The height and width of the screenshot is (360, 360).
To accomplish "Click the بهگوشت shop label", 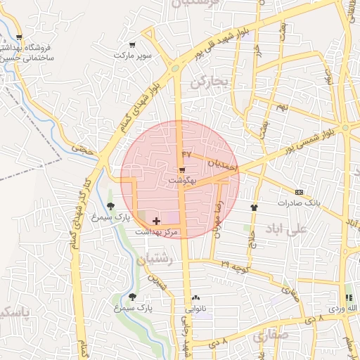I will point(182,181).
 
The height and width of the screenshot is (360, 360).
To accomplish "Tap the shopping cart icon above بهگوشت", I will point(182,170).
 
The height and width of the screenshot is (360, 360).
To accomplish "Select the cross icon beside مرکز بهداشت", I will point(156,221).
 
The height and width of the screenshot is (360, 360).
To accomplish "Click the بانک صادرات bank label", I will point(298,202).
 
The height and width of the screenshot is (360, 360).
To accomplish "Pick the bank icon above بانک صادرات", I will point(299,192).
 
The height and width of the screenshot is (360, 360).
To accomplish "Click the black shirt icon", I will point(254,207).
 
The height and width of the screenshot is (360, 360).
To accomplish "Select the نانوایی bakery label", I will point(196,308).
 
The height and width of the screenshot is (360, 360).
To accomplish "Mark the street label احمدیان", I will point(224,163).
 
